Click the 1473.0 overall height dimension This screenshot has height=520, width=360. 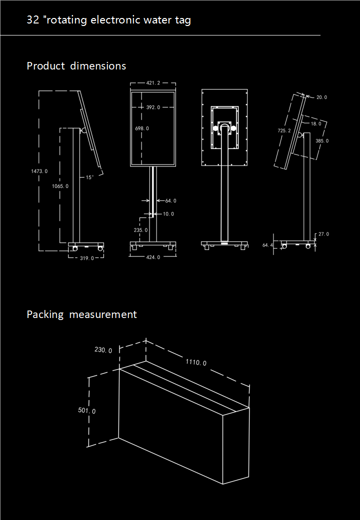(39, 171)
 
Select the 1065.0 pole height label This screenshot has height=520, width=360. (60, 186)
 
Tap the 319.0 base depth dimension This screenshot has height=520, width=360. (87, 258)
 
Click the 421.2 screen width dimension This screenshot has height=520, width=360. (153, 83)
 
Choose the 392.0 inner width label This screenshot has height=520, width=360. (153, 107)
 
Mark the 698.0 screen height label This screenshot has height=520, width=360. (142, 128)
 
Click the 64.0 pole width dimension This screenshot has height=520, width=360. (170, 200)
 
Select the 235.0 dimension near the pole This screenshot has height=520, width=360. (141, 230)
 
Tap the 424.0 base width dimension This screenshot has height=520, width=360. (153, 257)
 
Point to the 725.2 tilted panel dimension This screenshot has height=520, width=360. (284, 130)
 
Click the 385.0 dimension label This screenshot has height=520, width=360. (322, 141)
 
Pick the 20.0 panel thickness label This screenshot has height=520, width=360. (321, 97)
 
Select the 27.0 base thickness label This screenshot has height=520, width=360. (323, 234)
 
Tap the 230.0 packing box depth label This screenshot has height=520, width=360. (103, 350)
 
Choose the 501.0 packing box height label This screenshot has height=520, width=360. (87, 410)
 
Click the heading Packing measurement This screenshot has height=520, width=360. (81, 314)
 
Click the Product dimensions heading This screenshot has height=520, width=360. (76, 66)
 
